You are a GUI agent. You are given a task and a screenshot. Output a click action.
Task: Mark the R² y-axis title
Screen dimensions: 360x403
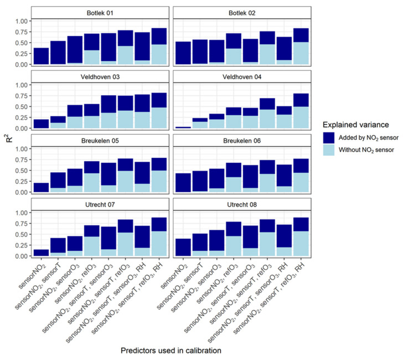coord(7,133)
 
